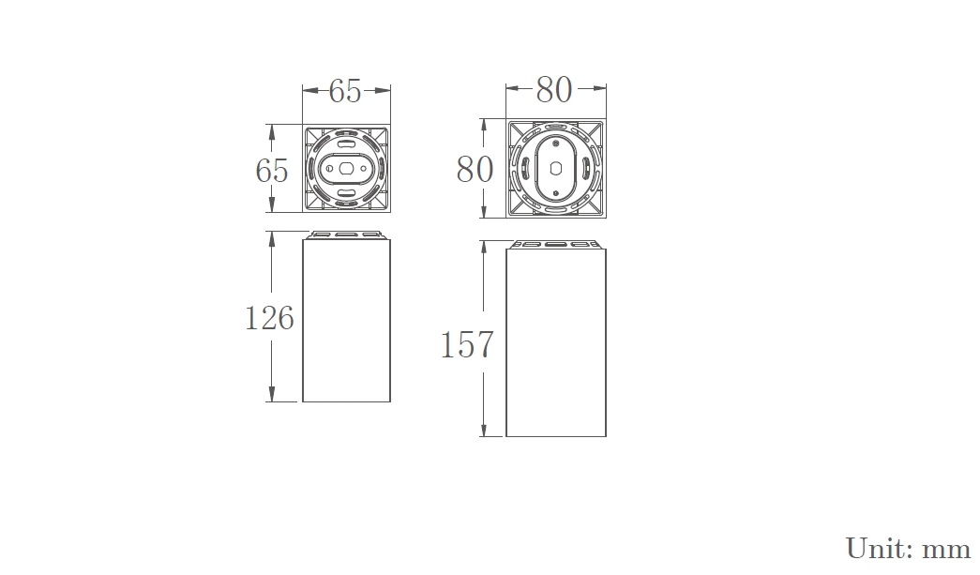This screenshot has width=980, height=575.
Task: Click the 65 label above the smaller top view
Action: (345, 91)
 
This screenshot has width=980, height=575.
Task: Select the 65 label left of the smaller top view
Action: (272, 171)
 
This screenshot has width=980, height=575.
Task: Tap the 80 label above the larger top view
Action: (553, 90)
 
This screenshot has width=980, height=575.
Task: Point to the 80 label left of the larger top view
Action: (475, 170)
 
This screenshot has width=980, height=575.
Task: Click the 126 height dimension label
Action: (269, 318)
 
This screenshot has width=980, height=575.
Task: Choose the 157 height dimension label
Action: (467, 345)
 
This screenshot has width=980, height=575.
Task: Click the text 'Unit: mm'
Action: (908, 549)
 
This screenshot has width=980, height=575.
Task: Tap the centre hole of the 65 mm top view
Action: (346, 168)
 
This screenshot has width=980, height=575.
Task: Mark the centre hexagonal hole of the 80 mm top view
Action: (555, 169)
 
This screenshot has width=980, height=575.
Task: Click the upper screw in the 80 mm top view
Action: (555, 144)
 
